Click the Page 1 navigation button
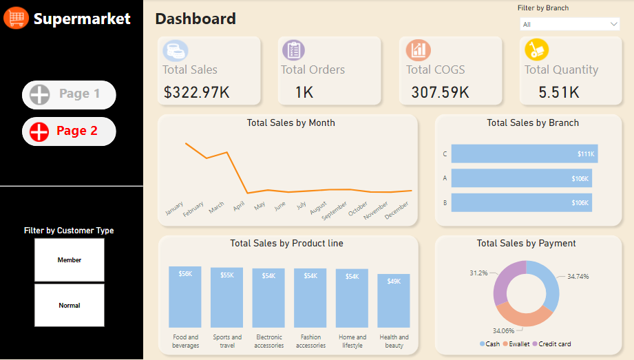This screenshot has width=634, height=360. coord(69,94)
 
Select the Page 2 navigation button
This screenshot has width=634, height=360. coord(69,131)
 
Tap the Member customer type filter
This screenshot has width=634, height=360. coord(70,260)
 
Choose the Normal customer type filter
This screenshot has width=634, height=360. coord(70,306)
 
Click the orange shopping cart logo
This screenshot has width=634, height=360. coord(16,18)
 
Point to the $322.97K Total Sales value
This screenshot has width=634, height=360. coord(197,92)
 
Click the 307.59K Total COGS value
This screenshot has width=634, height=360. coord(440,92)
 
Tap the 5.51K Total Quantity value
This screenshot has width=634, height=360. coord(558,92)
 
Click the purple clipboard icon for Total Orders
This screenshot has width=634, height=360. coord(293,50)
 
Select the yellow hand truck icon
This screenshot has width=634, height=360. coord(536,50)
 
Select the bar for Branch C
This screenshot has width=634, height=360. coord(524,154)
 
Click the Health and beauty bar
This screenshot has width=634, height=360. coord(394,301)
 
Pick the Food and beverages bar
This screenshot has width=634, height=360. coord(185,297)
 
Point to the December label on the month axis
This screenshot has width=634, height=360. coord(396,209)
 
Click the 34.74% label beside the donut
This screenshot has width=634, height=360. coord(578,276)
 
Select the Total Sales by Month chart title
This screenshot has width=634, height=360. coord(290,123)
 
